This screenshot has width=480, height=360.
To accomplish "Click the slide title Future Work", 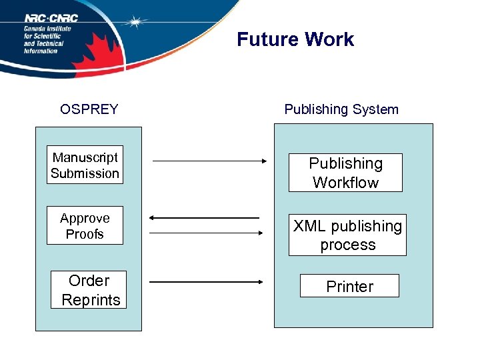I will coord(295,39).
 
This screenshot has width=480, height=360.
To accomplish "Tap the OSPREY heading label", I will coord(89,109).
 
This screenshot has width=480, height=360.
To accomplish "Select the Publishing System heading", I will coord(341,109).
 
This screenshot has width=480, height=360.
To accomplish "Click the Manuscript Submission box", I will coord(85,165).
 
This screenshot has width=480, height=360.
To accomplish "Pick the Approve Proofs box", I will coord(85,226).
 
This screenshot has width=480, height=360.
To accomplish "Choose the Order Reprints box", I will coord(89,290).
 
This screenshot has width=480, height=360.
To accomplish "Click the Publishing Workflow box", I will coord(345,173).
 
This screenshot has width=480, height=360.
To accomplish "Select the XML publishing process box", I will coord(347,235).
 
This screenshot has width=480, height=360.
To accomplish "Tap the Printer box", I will coord(349,286).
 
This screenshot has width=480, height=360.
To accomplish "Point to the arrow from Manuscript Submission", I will coord(209,161).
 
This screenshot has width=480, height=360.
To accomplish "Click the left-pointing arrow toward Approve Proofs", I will coord(204,218).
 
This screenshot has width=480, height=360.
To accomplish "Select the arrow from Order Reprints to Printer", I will coord(207,282).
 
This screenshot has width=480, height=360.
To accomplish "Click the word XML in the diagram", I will coord(309,226).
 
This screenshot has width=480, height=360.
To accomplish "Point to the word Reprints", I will coord(91,300).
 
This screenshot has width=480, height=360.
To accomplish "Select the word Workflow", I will coord(345,183).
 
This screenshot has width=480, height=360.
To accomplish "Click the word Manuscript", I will coord(85,157).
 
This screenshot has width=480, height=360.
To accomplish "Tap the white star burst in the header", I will coord(136,21).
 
